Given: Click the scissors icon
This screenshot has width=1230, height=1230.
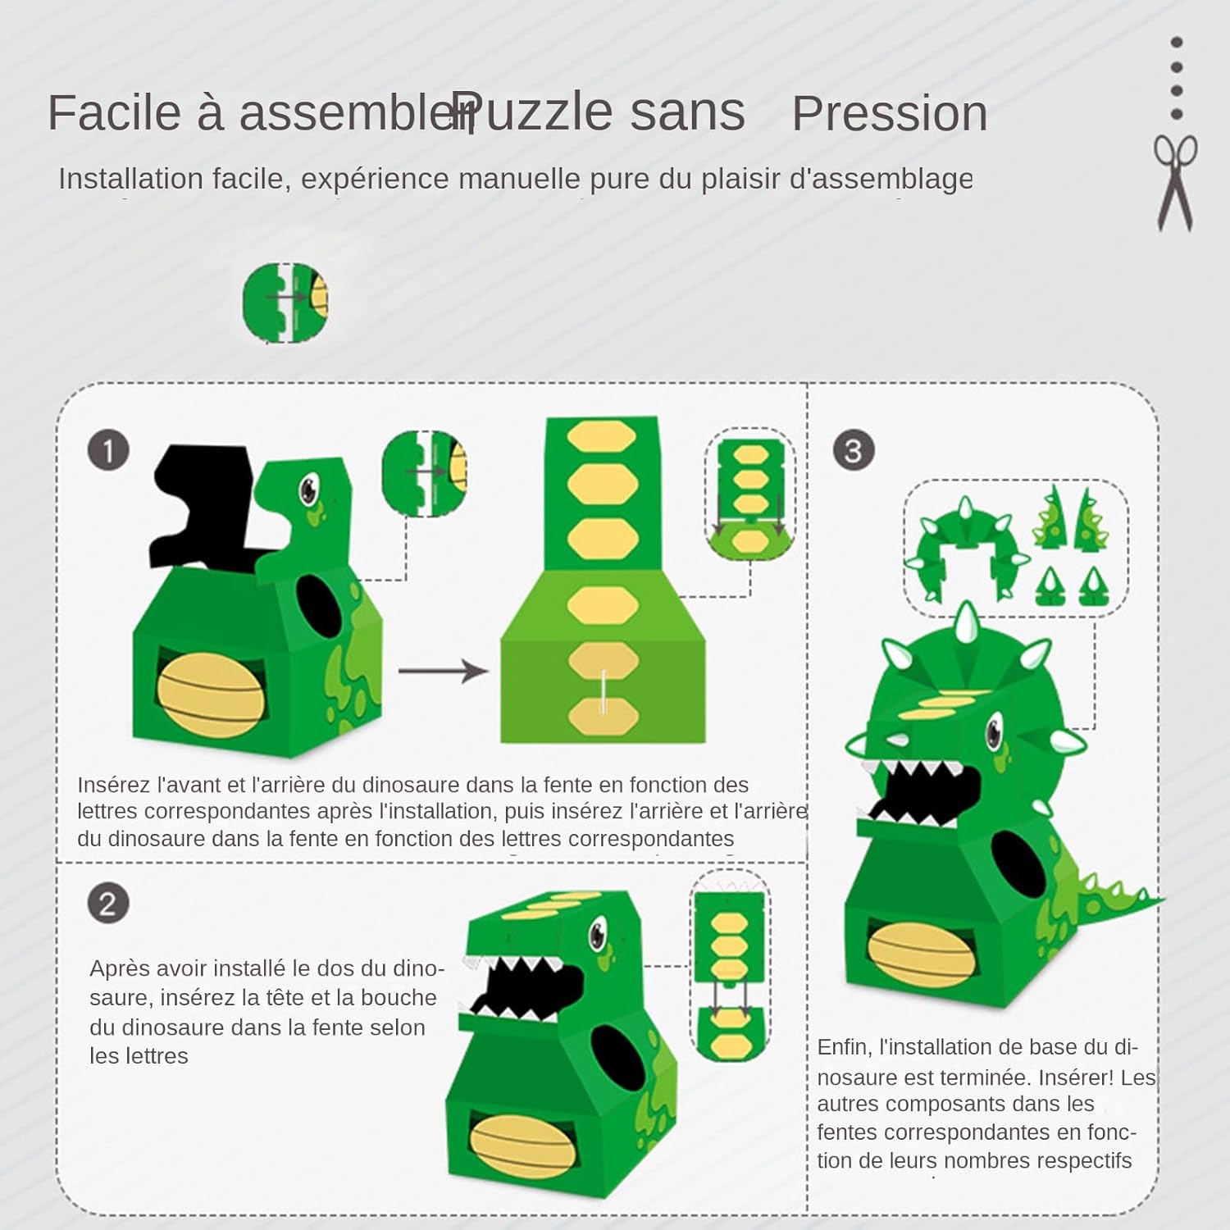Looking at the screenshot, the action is point(1175,183).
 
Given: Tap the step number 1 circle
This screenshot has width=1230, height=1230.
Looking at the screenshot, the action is point(108,450).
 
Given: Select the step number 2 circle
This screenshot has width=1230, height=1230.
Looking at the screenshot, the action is point(108,904).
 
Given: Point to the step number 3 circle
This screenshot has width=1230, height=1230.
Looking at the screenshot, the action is point(854,450).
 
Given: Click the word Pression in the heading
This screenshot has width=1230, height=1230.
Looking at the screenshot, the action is point(890,113).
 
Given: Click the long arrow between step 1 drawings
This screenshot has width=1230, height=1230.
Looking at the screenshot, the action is point(444,671).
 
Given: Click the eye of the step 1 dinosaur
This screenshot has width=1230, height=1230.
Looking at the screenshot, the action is point(309,489).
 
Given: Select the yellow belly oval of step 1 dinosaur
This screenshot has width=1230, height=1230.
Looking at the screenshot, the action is point(211,697).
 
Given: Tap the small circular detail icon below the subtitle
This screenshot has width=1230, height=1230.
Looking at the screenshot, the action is point(285,303).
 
